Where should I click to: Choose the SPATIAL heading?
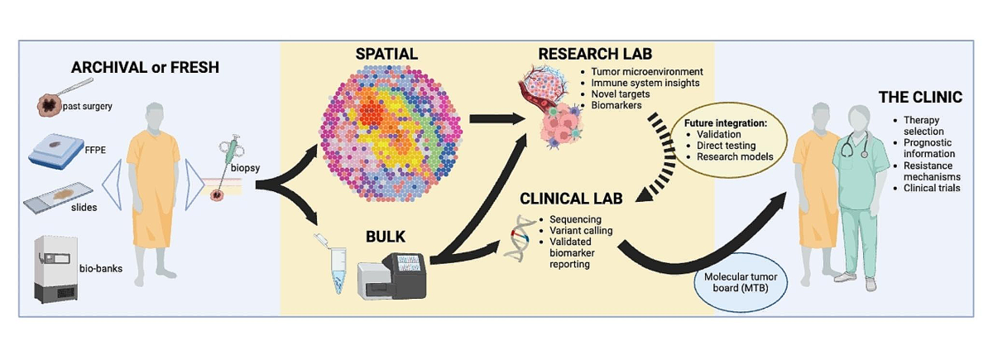(x=386, y=55)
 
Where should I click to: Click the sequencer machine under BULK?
(x=393, y=274)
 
